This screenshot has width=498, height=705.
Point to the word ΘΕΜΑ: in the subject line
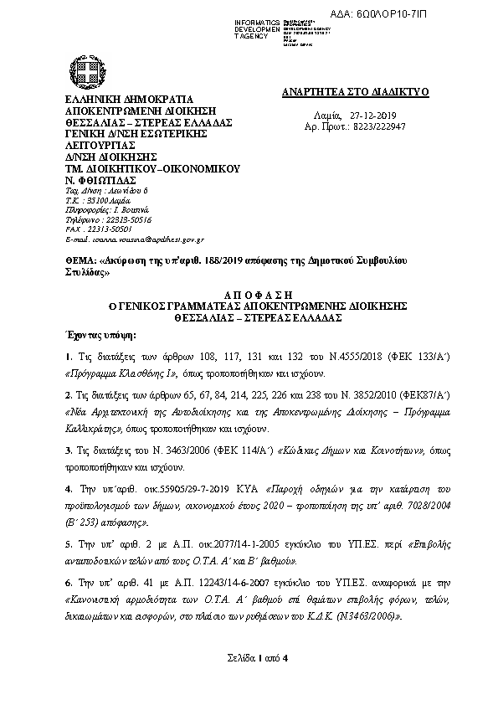click(x=79, y=261)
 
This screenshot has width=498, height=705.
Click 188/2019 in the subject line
click(x=228, y=261)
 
